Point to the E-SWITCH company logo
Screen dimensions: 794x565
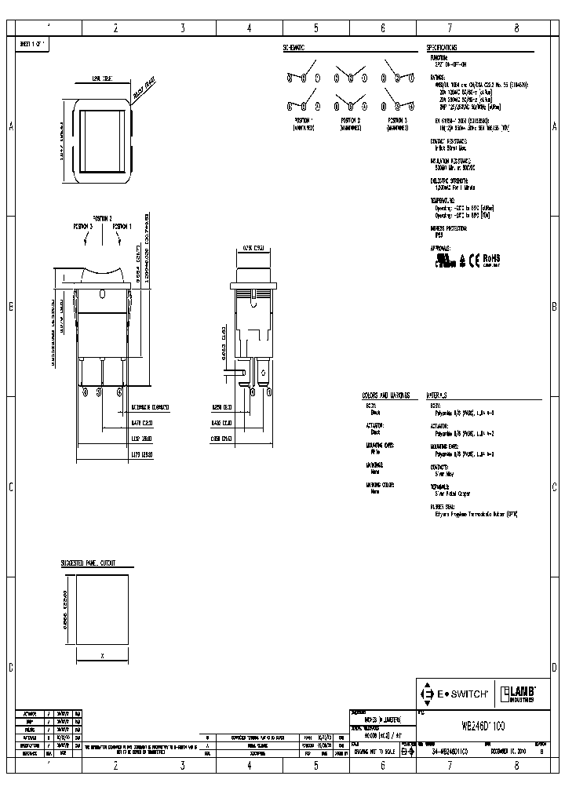[456, 694]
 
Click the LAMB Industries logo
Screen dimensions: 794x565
[519, 693]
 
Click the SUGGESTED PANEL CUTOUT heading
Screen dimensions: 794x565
[88, 563]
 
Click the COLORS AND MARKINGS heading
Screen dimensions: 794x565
[385, 395]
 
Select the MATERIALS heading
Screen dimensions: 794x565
[437, 395]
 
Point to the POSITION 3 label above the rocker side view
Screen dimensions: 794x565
[83, 226]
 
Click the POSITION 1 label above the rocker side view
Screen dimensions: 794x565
[122, 226]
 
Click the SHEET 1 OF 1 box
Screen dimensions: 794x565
[33, 46]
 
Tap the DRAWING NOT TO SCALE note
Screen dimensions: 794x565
[374, 751]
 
